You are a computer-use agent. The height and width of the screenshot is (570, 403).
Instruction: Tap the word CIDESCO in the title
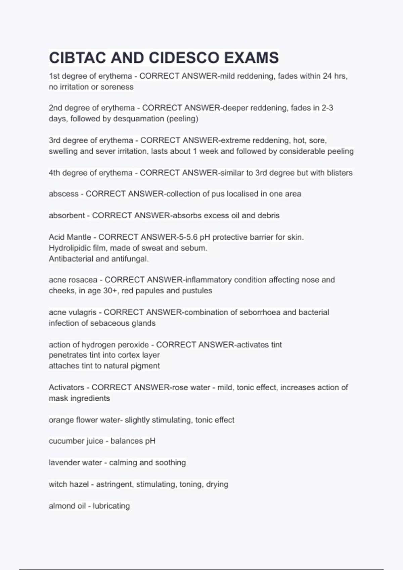[x=184, y=58]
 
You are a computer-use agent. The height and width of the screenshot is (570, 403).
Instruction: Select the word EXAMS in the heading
[x=252, y=58]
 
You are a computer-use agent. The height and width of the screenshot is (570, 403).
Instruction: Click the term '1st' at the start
[x=54, y=76]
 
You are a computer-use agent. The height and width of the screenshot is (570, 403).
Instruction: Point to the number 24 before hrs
[x=327, y=76]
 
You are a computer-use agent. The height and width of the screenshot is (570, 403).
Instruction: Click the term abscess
[x=63, y=194]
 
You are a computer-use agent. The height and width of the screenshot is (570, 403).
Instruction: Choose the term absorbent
[x=67, y=215]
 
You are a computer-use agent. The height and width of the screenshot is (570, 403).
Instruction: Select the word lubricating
[x=111, y=506]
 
